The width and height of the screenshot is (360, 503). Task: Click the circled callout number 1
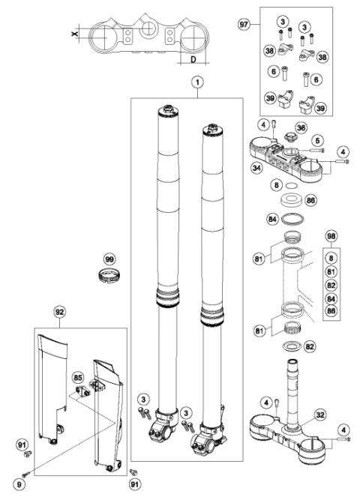click(196, 82)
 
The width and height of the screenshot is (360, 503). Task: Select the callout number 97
click(243, 25)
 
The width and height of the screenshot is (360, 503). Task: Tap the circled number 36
click(300, 128)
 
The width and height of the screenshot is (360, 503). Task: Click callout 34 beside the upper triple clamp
click(256, 169)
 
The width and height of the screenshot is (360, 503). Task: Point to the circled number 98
click(331, 236)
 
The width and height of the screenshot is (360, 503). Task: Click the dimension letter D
click(193, 58)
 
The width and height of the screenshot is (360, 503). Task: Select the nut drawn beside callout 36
click(285, 136)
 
